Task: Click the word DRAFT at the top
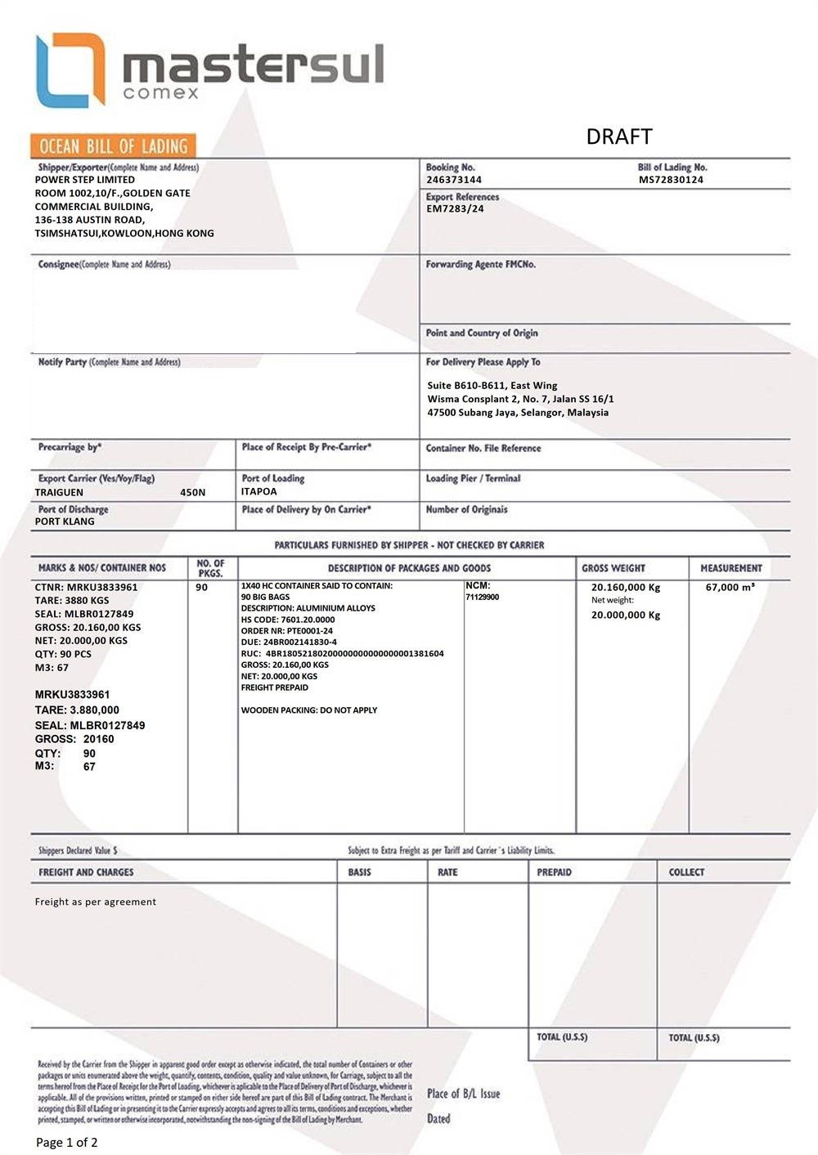click(618, 137)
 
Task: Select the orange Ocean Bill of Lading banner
click(113, 146)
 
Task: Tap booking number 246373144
click(453, 180)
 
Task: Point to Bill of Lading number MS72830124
click(671, 180)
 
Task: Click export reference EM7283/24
click(455, 208)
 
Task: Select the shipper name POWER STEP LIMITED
click(85, 180)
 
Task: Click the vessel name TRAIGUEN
click(59, 492)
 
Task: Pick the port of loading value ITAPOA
click(258, 491)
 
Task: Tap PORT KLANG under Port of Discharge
click(65, 522)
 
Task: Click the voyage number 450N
click(193, 492)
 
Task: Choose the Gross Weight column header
click(613, 568)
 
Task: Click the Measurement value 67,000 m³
click(730, 587)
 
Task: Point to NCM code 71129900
click(482, 598)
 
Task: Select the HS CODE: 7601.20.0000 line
click(288, 620)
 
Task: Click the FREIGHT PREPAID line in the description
click(275, 687)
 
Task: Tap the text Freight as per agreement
click(96, 902)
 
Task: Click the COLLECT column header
click(686, 872)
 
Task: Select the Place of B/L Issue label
click(463, 1094)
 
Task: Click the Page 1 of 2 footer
click(67, 1142)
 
